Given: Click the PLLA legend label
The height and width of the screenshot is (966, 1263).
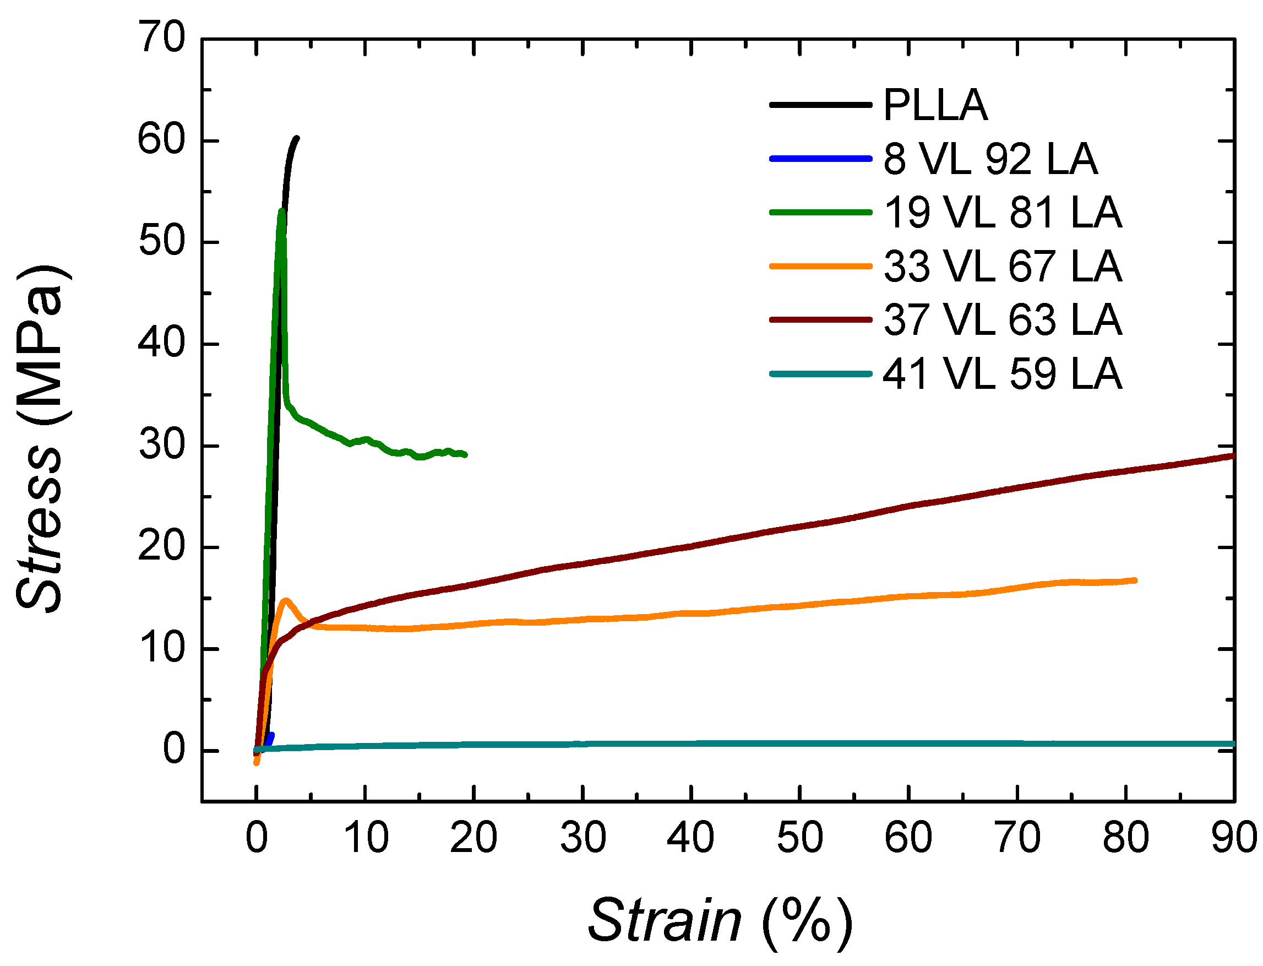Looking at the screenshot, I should point(935,105).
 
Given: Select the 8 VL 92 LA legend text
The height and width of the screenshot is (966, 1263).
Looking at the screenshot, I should point(989,159).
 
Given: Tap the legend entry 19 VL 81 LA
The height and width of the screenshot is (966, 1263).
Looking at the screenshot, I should point(1001,213).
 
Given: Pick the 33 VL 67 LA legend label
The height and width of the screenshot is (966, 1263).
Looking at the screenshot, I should point(1001,266).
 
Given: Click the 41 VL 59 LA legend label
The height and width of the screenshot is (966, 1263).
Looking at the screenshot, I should point(1001,374).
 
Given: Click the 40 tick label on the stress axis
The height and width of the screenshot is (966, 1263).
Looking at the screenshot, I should point(162,343).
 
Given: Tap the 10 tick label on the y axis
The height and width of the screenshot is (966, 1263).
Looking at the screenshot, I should point(162,648).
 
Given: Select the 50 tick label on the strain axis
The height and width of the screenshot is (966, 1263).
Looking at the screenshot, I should point(799,838).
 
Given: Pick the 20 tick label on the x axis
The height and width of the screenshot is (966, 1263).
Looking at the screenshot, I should point(473,838).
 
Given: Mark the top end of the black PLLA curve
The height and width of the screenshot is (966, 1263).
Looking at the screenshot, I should point(297,138).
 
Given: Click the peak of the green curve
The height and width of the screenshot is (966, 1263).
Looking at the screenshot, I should point(282,211).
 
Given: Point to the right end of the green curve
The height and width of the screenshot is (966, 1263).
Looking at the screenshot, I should point(465,455).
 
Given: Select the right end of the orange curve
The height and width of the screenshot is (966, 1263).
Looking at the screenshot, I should point(1135,580).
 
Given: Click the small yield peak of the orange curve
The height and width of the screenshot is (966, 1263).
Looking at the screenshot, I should point(286,600).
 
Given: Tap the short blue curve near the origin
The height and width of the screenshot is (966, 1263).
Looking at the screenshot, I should point(269,739).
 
